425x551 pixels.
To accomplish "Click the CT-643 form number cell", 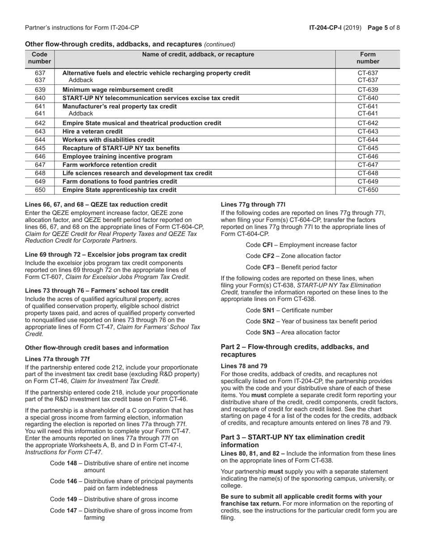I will (368, 131).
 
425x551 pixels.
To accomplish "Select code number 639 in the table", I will (40, 90).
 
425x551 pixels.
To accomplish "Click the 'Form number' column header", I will (368, 58).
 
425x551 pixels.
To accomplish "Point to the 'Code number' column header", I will (40, 58).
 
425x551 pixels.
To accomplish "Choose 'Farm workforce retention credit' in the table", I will (109, 165).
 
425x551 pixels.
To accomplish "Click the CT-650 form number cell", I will (368, 190).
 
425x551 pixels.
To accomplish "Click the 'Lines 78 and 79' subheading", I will (244, 366).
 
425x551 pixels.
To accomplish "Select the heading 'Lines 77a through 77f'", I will (57, 359).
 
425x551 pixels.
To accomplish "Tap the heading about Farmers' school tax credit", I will (97, 291).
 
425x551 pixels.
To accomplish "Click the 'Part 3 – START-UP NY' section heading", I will (293, 441).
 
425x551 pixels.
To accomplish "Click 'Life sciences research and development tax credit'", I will (137, 173).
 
